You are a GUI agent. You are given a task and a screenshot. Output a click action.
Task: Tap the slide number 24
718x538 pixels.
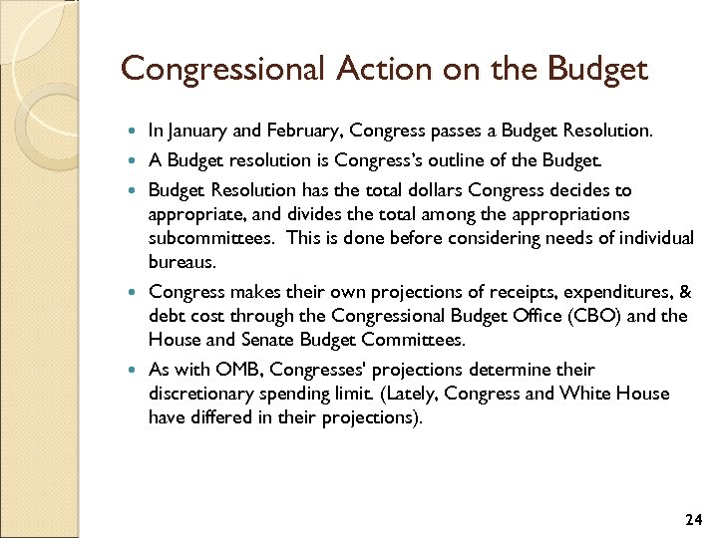[x=694, y=520]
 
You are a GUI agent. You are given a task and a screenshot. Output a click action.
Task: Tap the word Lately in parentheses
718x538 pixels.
[x=409, y=394]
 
